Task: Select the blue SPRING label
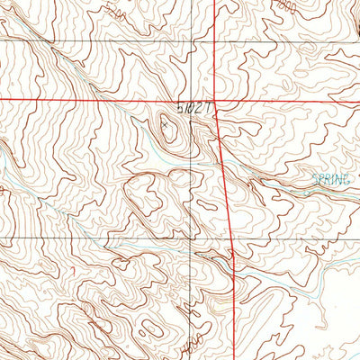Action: coord(330,178)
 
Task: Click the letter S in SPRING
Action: coord(316,178)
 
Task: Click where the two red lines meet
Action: coord(216,99)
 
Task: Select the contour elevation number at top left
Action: coord(112,12)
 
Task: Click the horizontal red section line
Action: coord(90,98)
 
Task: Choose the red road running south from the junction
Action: coord(225,180)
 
